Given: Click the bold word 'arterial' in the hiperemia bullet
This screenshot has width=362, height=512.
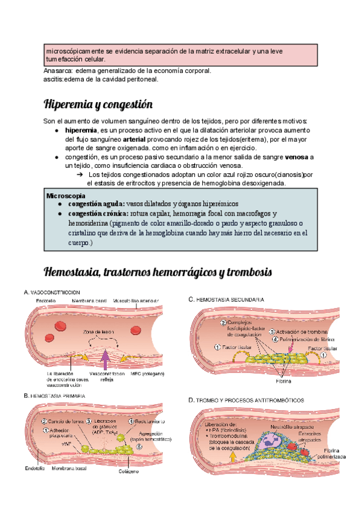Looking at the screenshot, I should (134, 139).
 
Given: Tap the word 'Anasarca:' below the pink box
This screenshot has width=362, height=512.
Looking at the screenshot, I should (58, 71).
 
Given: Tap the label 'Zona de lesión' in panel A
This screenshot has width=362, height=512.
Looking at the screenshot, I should (100, 333).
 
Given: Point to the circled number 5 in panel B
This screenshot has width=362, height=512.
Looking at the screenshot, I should (138, 447).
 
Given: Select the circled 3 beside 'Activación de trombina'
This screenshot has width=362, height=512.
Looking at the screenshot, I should (272, 331).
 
